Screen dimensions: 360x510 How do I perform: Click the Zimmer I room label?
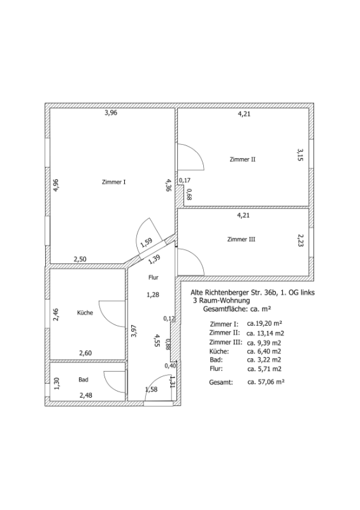click(114, 182)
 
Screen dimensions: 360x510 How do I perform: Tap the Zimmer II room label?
click(243, 159)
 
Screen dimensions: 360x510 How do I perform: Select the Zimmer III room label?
click(241, 240)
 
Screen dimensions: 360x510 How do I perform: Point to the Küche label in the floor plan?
click(85, 312)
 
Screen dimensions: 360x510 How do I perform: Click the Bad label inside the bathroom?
click(83, 379)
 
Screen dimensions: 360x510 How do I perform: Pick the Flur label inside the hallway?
click(154, 277)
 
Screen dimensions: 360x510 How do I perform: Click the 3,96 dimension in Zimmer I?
click(111, 113)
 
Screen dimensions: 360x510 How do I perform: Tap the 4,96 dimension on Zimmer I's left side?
click(56, 186)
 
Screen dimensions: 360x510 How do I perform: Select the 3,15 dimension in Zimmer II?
click(300, 155)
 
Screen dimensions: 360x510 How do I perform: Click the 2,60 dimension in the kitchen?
click(85, 353)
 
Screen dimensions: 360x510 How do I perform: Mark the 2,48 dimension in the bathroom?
click(86, 395)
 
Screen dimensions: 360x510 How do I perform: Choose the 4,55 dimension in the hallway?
click(157, 340)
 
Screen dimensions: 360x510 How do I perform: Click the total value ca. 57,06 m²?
click(266, 382)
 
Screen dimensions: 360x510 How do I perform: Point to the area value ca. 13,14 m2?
click(266, 333)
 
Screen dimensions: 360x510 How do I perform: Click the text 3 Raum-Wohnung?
click(222, 300)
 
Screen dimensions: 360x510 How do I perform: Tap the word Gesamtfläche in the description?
click(222, 309)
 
